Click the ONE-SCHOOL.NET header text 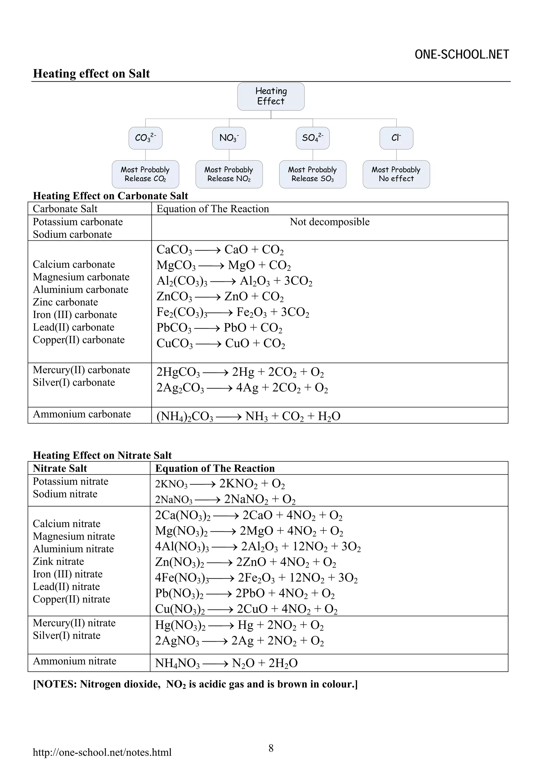coord(462,55)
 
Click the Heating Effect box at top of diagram coord(270,96)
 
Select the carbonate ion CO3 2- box coord(145,138)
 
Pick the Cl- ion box coord(396,138)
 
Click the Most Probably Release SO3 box coord(312,174)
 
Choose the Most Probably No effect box coord(396,174)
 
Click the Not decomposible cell coord(329,222)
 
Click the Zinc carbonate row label coord(65,302)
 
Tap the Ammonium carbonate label coord(82,414)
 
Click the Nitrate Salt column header coord(60,468)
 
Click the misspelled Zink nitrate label coord(58,562)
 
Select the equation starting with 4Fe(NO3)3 coord(256,578)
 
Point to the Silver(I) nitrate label coord(66,635)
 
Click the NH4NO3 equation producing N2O coord(226,663)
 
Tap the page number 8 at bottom coord(271,748)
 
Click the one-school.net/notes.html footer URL coord(102,752)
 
